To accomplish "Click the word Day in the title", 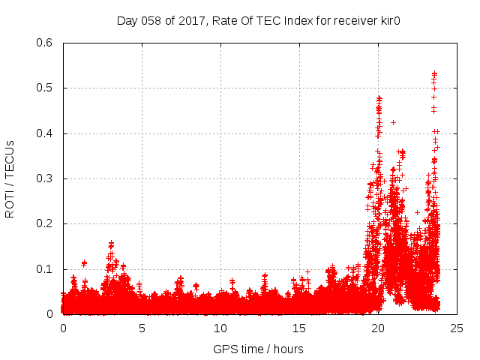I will (127, 20).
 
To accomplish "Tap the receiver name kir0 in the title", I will (386, 20).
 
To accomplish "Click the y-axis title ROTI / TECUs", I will (10, 178).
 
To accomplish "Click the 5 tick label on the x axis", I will (142, 328).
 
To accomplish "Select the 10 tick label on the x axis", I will (220, 328).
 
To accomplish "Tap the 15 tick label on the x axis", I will (299, 328).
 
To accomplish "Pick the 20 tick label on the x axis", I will (378, 328).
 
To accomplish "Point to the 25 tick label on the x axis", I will (457, 328).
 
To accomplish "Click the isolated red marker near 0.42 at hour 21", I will (393, 122).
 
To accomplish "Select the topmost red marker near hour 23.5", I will (434, 73).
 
